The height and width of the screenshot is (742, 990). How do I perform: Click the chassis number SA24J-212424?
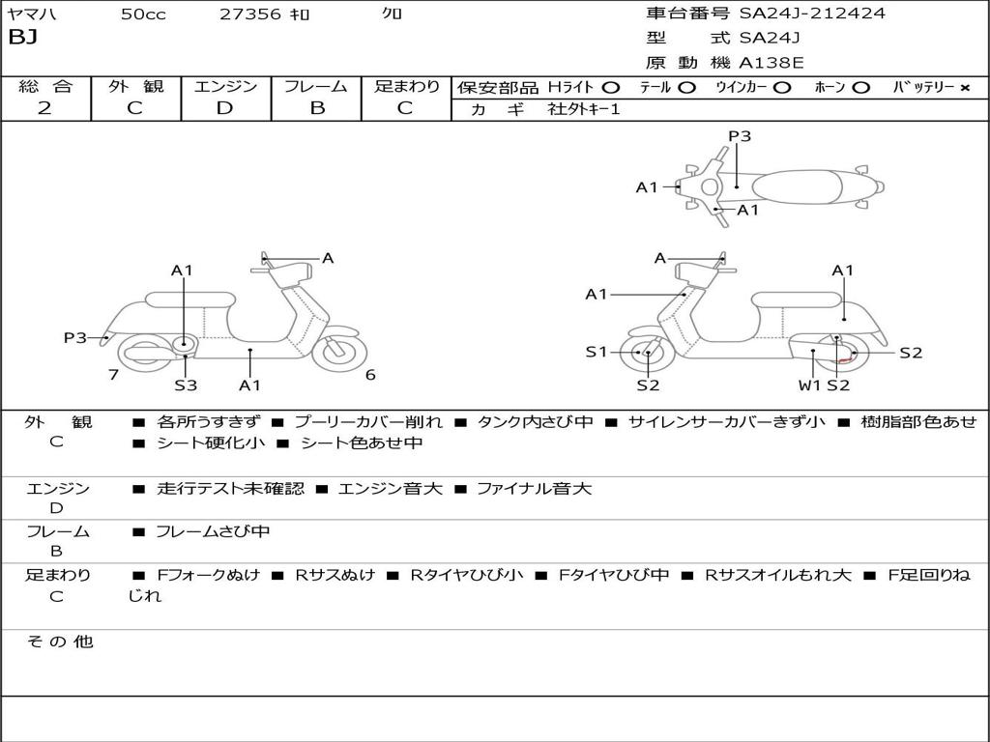coord(812,14)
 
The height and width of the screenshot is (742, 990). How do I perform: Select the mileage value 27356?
coord(249,14)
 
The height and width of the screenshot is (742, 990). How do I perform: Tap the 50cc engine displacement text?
coord(141,14)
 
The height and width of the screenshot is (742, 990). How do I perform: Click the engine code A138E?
coord(771,63)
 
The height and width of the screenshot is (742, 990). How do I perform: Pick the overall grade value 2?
coord(44,108)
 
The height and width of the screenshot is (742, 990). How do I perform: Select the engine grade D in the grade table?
coord(224,108)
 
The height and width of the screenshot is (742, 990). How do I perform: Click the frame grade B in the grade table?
coord(316,108)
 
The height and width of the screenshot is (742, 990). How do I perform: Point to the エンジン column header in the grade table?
coord(225,87)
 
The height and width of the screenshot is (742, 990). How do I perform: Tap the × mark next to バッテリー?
coord(964,87)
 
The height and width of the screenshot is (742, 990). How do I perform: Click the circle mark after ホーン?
coord(861,87)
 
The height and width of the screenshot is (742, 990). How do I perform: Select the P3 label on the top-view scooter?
coord(740,136)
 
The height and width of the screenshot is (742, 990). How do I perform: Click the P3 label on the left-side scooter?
coord(75,337)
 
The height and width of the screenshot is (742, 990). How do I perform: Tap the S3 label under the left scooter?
coord(186,385)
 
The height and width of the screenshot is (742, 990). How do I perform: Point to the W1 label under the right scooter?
coord(809,385)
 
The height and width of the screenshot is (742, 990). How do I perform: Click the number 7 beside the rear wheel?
coord(113,375)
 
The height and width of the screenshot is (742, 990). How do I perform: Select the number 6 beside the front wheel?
coord(370,375)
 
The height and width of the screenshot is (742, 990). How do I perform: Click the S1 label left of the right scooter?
coord(597,352)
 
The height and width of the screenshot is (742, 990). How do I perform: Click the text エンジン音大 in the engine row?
coord(391,489)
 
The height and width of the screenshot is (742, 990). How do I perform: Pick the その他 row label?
coord(59,642)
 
